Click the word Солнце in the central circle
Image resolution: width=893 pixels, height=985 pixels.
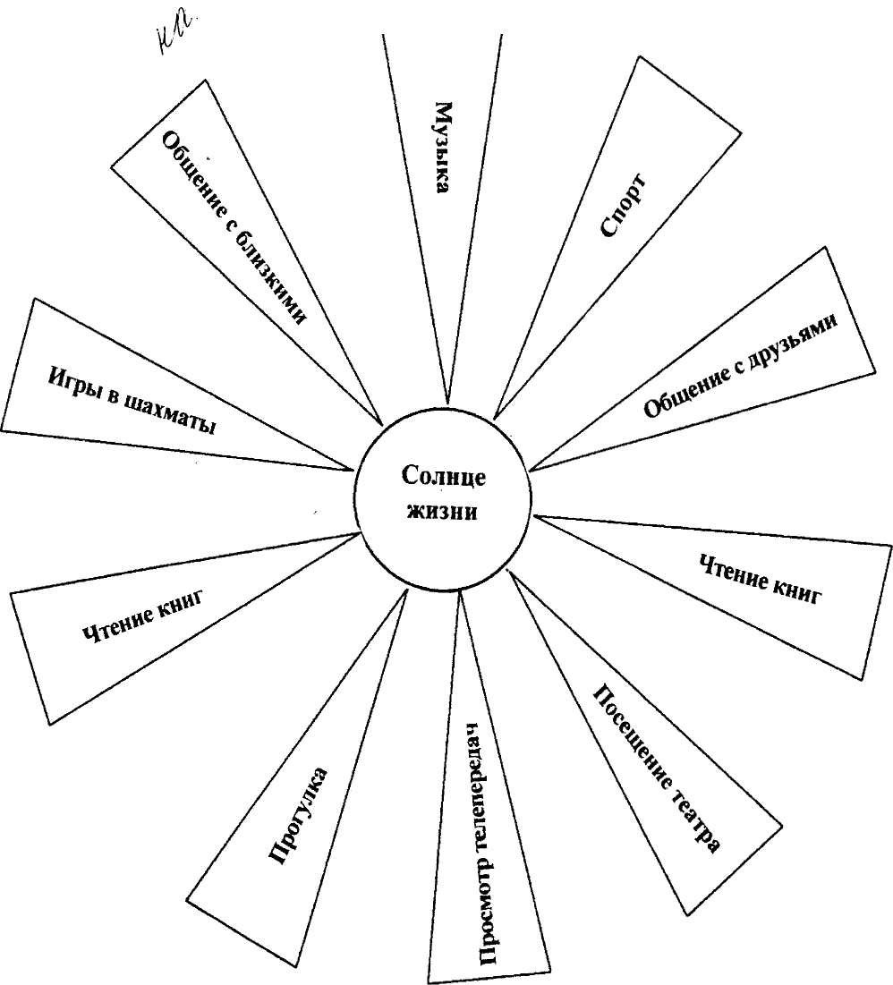[x=444, y=477]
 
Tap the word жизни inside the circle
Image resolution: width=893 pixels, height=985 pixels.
[x=444, y=514]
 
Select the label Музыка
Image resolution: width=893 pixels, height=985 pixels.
[x=441, y=148]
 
